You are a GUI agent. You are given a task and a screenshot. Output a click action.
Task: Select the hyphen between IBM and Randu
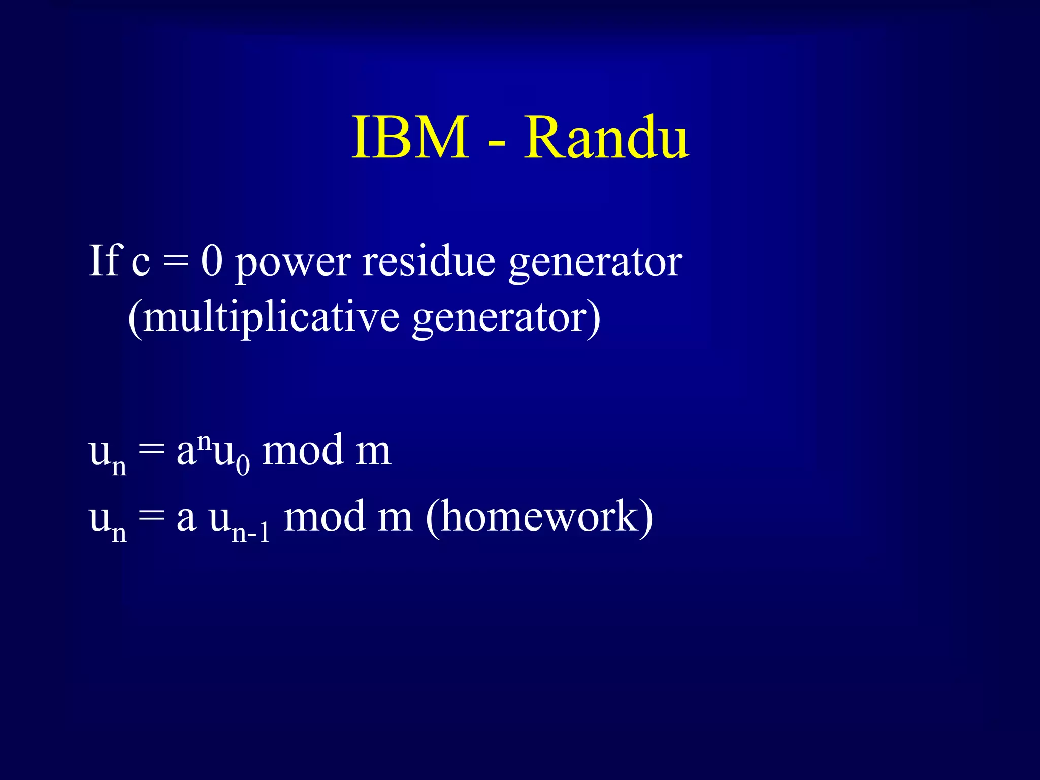click(x=496, y=145)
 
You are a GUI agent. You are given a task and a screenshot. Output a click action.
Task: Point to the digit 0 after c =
click(x=212, y=261)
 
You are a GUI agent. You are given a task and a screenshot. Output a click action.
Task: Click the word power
click(x=293, y=264)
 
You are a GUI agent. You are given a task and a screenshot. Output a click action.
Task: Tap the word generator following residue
click(x=595, y=264)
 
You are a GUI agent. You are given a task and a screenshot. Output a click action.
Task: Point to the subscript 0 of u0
click(x=243, y=465)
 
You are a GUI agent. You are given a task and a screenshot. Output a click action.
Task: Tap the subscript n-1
click(x=250, y=533)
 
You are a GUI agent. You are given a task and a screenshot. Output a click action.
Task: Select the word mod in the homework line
click(x=324, y=517)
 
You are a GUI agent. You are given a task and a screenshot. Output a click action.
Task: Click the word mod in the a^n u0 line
click(x=302, y=450)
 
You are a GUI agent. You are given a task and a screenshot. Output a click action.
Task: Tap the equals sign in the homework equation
click(x=151, y=518)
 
